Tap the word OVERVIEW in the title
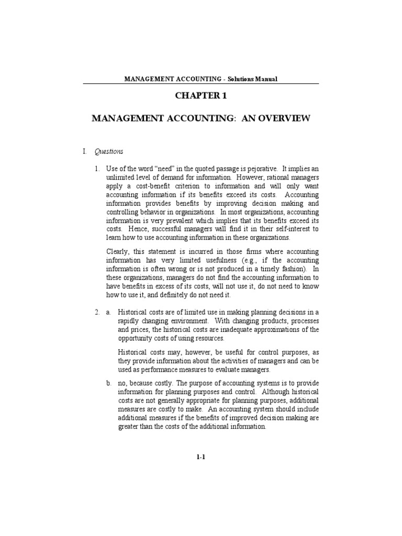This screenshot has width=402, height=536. tap(284, 119)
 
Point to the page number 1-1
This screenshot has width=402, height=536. tap(201, 457)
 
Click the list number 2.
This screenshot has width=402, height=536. tap(97, 312)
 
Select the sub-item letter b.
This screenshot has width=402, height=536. tap(108, 383)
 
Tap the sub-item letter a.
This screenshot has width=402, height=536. tap(108, 312)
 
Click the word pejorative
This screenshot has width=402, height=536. tap(259, 169)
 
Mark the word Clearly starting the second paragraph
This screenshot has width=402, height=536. tap(117, 252)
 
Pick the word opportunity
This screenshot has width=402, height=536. tap(135, 338)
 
